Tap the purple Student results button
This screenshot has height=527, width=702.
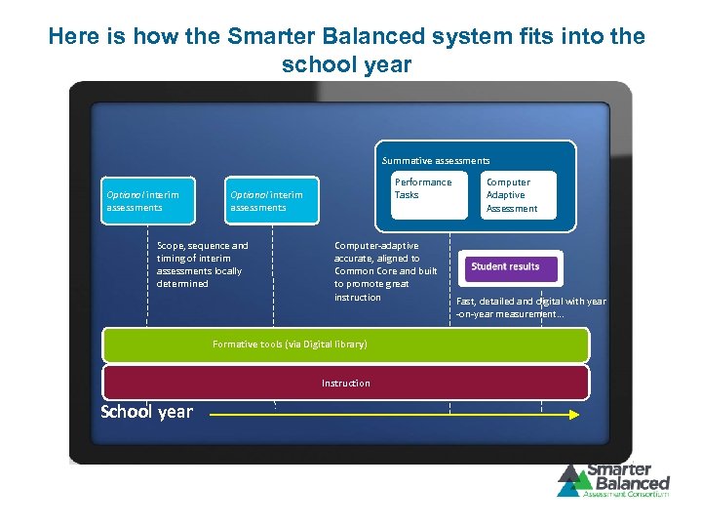505,266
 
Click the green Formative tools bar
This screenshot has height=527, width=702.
346,345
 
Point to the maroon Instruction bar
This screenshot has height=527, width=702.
346,383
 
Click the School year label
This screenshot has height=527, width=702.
147,412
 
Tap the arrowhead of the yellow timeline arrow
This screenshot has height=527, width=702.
572,414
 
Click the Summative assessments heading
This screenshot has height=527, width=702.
436,160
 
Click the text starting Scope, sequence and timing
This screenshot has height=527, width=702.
203,264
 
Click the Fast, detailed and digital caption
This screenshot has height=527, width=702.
531,307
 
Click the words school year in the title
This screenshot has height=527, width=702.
347,65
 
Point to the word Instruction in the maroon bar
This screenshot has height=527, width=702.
346,384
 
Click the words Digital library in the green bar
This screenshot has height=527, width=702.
332,345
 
